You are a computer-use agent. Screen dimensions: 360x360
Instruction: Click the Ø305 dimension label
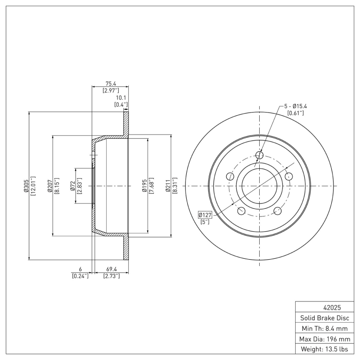(x=26, y=185)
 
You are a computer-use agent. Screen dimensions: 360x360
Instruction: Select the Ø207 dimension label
(x=49, y=185)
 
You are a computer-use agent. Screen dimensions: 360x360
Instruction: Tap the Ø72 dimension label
(x=72, y=185)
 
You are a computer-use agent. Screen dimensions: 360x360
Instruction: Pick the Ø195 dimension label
(x=144, y=185)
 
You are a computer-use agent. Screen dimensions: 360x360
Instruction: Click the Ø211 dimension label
(x=168, y=185)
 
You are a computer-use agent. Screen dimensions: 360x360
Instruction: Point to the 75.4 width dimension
(x=110, y=83)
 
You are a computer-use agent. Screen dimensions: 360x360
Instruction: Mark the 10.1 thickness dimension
(x=121, y=98)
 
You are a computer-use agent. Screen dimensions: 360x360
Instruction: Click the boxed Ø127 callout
(x=205, y=215)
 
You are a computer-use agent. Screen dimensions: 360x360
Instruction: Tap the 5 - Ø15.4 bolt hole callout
(x=295, y=106)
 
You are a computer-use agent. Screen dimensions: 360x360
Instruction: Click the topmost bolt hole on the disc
(x=259, y=155)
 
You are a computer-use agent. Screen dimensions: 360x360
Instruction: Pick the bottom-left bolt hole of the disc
(x=241, y=211)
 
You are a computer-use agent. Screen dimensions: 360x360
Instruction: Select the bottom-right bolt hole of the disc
(x=278, y=211)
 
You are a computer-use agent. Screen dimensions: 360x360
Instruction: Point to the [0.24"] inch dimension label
(x=80, y=276)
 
